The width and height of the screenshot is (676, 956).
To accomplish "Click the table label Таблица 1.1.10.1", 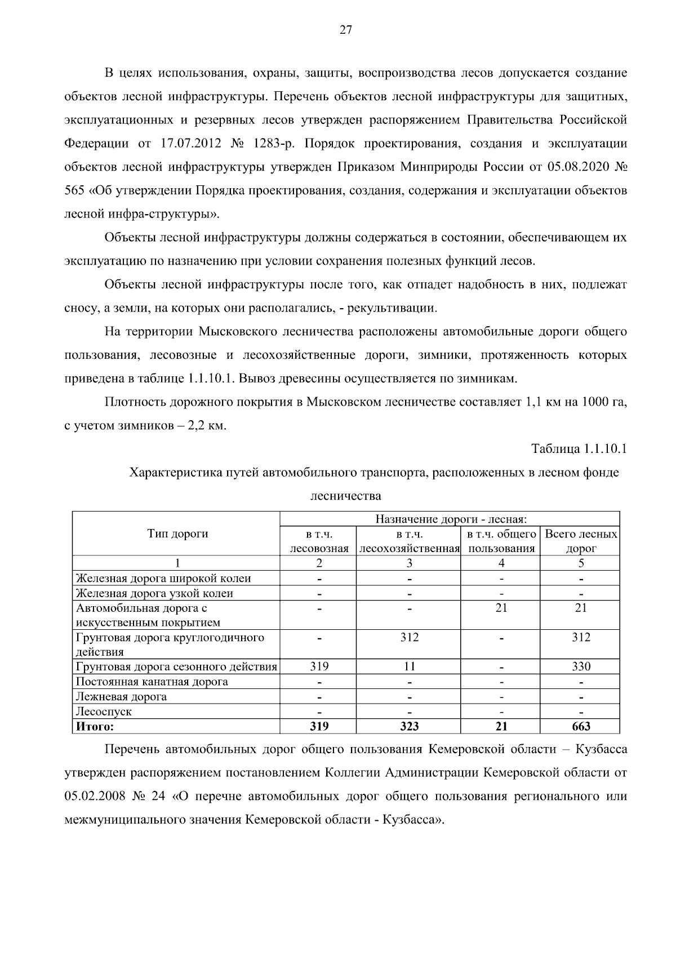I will pyautogui.click(x=579, y=448).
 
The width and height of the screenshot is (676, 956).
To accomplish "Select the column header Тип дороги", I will pyautogui.click(x=177, y=533).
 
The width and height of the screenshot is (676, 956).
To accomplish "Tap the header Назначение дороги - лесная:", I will pyautogui.click(x=450, y=518).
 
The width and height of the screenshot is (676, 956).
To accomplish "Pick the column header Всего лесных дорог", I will pyautogui.click(x=581, y=541).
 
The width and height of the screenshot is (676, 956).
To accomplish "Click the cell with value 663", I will pyautogui.click(x=581, y=727).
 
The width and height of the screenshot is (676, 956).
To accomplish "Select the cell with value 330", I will pyautogui.click(x=581, y=666).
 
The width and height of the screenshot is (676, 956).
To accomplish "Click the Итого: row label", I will pyautogui.click(x=95, y=727).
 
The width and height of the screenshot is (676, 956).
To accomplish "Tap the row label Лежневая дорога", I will pyautogui.click(x=122, y=697).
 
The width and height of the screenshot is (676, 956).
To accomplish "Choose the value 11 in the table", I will pyautogui.click(x=410, y=666).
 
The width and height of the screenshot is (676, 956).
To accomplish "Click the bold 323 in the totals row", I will pyautogui.click(x=410, y=727).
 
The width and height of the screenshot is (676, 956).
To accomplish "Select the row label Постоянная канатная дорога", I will pyautogui.click(x=152, y=682).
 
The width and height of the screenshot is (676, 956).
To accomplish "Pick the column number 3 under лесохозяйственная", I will pyautogui.click(x=410, y=563).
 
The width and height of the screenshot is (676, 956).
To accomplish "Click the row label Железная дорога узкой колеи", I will pyautogui.click(x=155, y=593).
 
